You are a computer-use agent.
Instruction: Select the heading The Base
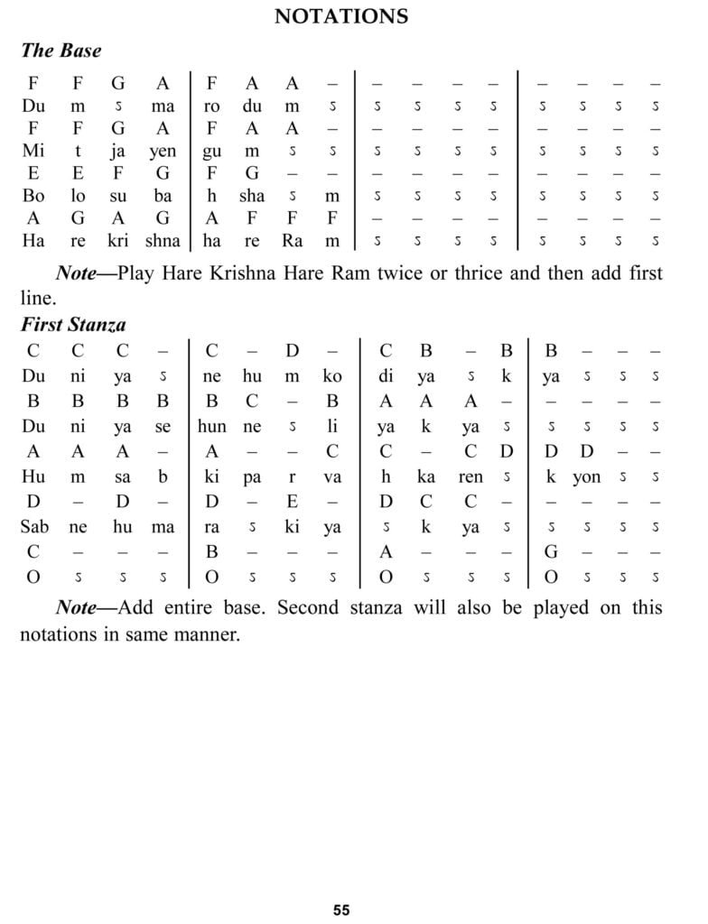coord(61,51)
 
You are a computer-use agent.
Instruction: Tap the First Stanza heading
coord(73,325)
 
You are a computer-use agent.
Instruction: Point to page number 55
coord(341,910)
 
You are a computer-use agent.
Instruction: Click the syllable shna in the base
coord(163,241)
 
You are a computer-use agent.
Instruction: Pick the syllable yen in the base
coord(163,151)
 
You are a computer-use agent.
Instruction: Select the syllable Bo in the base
coord(33,196)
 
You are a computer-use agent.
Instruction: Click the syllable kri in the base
coord(118,241)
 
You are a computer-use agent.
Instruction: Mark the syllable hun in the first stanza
coord(211,426)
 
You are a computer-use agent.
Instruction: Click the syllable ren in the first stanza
coord(470,476)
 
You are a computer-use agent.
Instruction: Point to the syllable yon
coord(586,476)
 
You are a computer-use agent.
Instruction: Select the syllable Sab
coord(33,527)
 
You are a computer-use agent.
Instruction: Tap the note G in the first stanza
coord(550,551)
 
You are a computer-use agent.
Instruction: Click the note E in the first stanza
coord(292,501)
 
